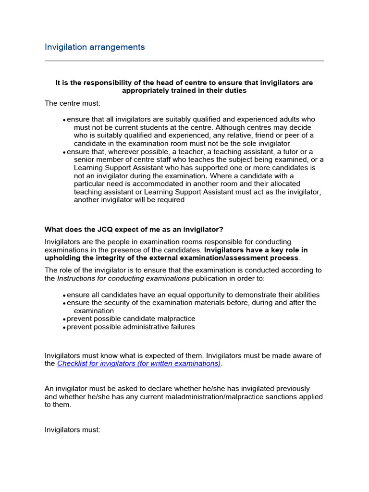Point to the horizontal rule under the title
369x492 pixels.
click(x=184, y=61)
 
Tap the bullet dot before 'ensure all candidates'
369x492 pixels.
click(x=64, y=295)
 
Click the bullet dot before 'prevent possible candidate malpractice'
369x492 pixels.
click(x=64, y=320)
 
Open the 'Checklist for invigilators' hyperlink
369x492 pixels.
click(x=139, y=364)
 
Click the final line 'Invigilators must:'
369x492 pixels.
click(x=72, y=430)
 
